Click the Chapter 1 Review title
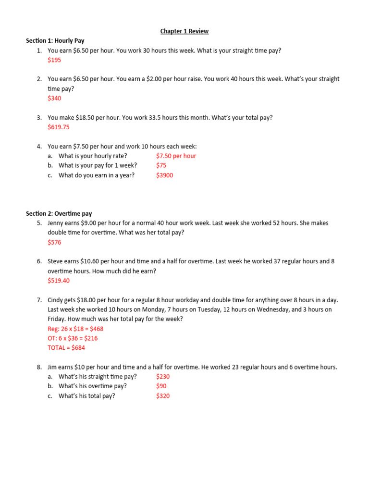[x=184, y=31]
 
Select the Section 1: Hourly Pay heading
[x=55, y=41]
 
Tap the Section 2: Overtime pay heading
[x=59, y=213]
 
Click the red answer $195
[x=54, y=60]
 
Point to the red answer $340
[x=54, y=98]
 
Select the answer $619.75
[x=59, y=127]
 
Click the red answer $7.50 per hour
[x=176, y=156]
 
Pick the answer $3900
[x=164, y=175]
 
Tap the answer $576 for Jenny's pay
[x=54, y=243]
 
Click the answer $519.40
[x=59, y=281]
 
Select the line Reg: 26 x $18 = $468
[x=75, y=329]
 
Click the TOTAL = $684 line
[x=66, y=348]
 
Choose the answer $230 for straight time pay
[x=163, y=377]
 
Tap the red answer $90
[x=161, y=386]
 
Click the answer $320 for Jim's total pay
[x=163, y=396]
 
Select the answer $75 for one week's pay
[x=161, y=166]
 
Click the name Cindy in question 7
[x=56, y=300]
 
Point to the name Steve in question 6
[x=56, y=262]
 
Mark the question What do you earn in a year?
[x=97, y=175]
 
